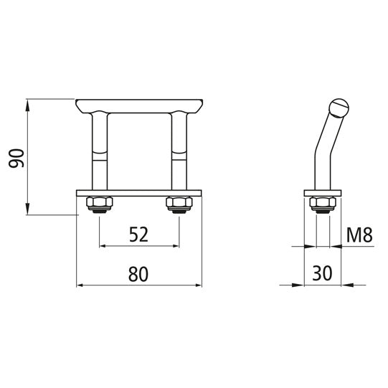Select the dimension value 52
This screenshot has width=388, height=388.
coord(139,234)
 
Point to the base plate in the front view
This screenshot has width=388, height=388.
coord(139,193)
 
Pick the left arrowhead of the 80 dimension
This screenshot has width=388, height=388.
coord(80,286)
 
